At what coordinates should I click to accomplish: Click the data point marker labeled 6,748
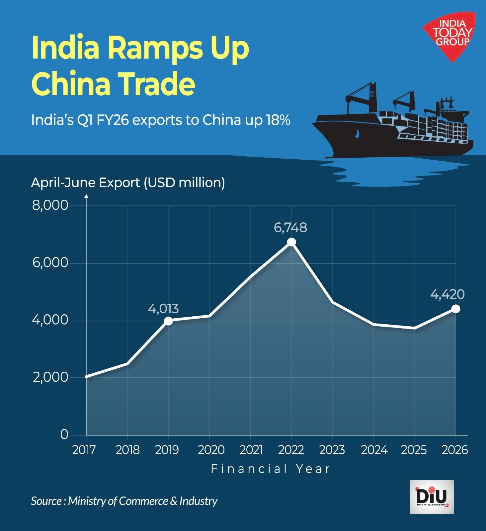pos(291,242)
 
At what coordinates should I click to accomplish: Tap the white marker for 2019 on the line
pos(168,321)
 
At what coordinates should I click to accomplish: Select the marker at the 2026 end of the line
pos(456,309)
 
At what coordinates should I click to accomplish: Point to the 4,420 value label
pos(447,294)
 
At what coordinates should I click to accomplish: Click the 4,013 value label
pos(163,309)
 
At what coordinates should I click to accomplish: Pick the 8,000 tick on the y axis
pos(50,205)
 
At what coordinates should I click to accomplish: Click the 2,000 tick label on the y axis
pos(50,377)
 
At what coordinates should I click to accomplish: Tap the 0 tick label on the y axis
pos(64,434)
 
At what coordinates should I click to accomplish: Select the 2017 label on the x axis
pos(84,450)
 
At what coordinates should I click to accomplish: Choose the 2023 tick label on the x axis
pos(332,450)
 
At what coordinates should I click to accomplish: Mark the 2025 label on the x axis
pos(414,450)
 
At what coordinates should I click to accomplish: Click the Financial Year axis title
pos(271,469)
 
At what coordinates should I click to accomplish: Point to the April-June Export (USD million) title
pos(128,183)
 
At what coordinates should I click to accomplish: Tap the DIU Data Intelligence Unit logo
pos(432,497)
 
